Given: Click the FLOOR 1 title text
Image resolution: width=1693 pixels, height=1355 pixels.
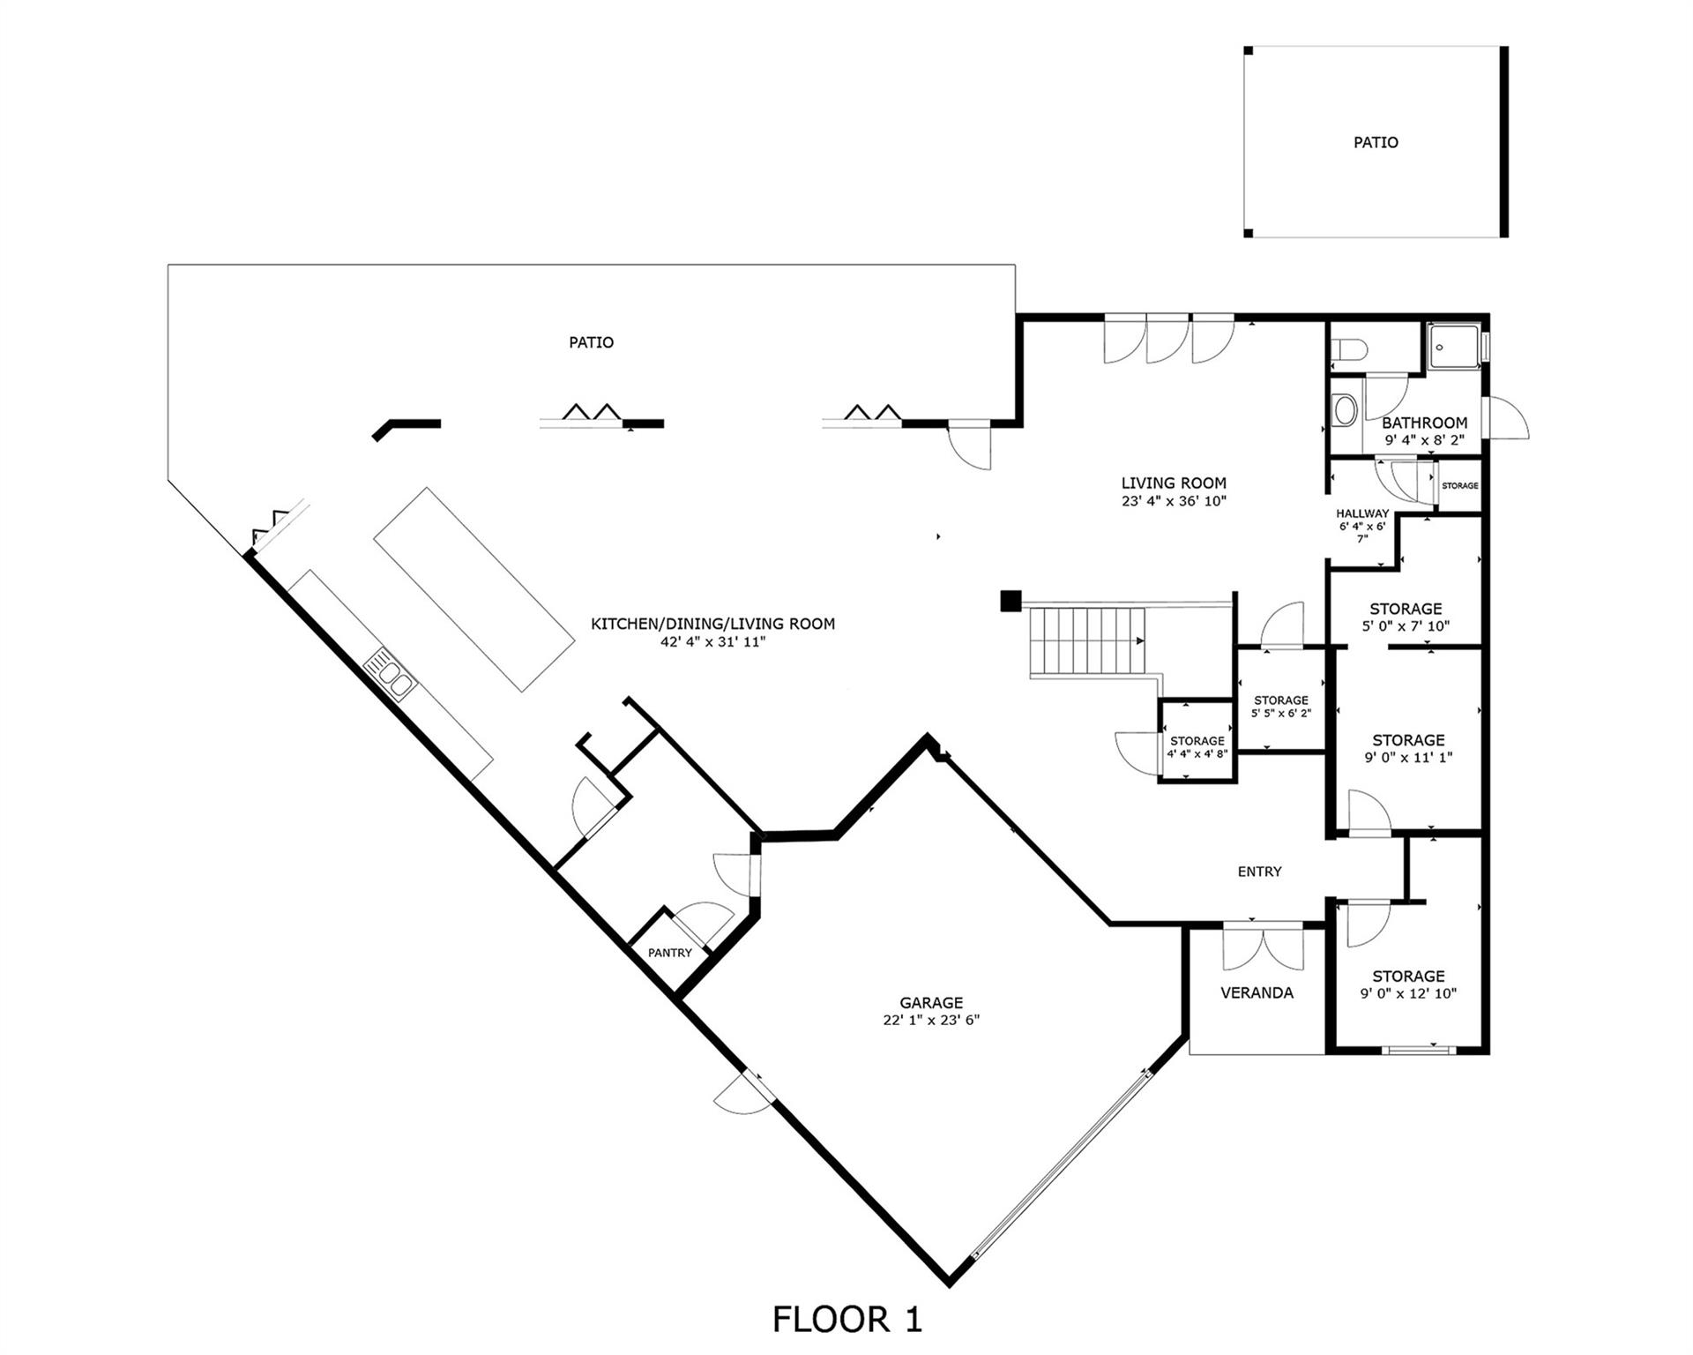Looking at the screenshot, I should coord(846,1319).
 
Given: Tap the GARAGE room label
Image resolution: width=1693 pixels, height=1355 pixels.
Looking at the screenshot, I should coord(931,1002).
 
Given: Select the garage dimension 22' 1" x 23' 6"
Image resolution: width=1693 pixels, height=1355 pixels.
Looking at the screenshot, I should coord(931,1020).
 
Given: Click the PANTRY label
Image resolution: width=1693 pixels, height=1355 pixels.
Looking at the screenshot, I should coord(670,953).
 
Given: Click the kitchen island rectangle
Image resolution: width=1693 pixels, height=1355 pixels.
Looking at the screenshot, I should coord(474,588).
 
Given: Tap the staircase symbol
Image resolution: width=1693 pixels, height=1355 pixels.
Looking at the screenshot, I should coord(1090,641).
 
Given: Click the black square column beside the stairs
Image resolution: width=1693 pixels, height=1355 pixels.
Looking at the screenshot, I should coord(1010,601).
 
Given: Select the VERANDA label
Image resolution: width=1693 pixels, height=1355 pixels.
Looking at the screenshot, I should coord(1257,992).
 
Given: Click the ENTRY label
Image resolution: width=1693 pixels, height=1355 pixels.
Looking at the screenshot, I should coord(1259,872).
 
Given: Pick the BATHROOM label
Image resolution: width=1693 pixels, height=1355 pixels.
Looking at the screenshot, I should coord(1424,423).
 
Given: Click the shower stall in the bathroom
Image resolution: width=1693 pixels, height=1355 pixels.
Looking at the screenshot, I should coord(1453,346).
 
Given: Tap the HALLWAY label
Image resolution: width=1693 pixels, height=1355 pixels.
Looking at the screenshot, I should coord(1361,513).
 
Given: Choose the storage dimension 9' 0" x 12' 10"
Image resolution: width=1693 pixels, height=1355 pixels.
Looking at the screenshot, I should coord(1408,993).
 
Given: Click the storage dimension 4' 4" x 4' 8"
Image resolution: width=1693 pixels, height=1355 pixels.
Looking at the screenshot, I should coord(1197,754).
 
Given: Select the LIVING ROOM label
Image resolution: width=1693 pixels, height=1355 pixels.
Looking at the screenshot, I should coord(1174,483).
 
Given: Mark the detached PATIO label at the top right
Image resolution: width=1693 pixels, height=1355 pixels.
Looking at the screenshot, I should coord(1376,142).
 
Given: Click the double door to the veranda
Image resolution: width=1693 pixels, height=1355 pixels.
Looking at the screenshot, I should coord(1263,948).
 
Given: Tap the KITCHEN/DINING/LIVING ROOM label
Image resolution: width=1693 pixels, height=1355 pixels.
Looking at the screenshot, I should coord(712,624).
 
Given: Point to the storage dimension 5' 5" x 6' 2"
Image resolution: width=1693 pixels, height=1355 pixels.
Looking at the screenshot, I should coord(1281,713).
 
